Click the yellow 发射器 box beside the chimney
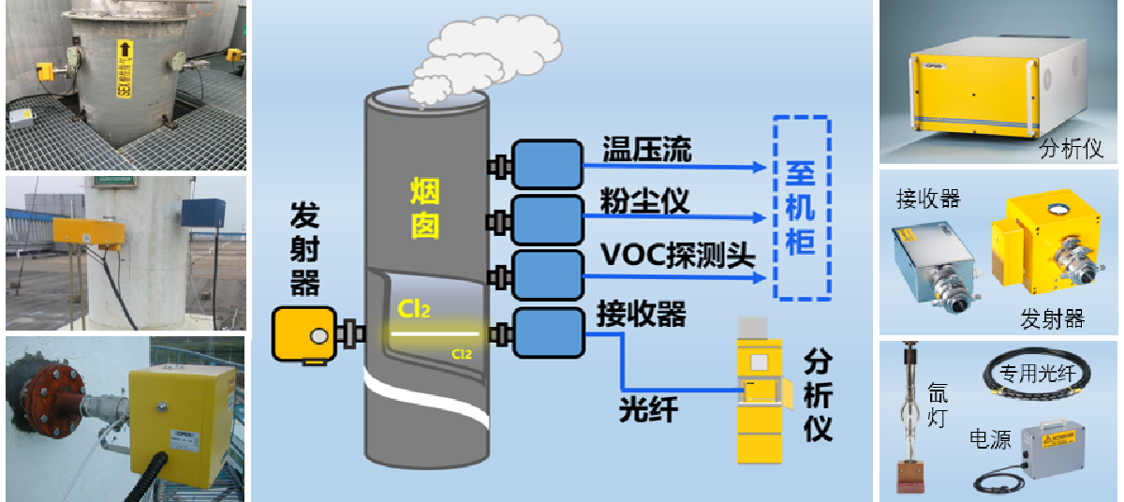click(303, 335)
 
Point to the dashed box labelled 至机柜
click(802, 208)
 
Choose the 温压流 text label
click(647, 149)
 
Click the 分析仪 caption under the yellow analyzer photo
click(1072, 148)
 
